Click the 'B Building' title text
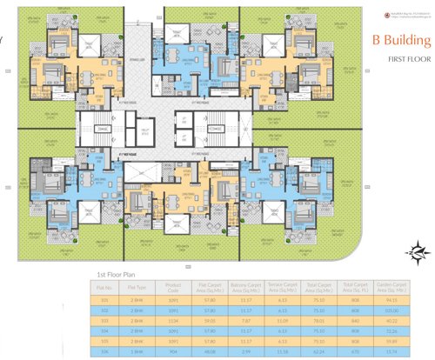401,40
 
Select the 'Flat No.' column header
104,286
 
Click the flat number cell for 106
104,351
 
